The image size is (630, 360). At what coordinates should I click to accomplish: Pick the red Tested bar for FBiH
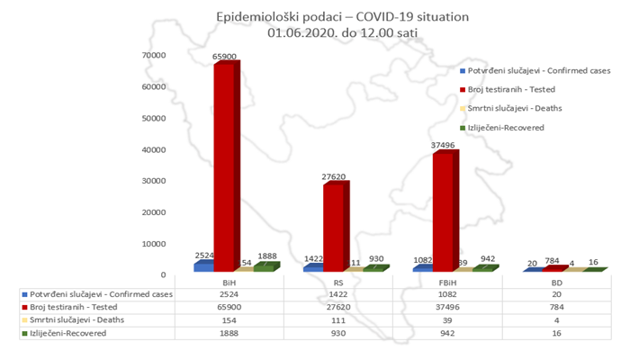(443, 211)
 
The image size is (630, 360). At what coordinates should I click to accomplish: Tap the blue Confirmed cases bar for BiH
(204, 265)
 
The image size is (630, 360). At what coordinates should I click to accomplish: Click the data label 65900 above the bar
(224, 56)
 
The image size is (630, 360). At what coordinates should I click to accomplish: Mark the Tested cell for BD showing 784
(559, 307)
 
